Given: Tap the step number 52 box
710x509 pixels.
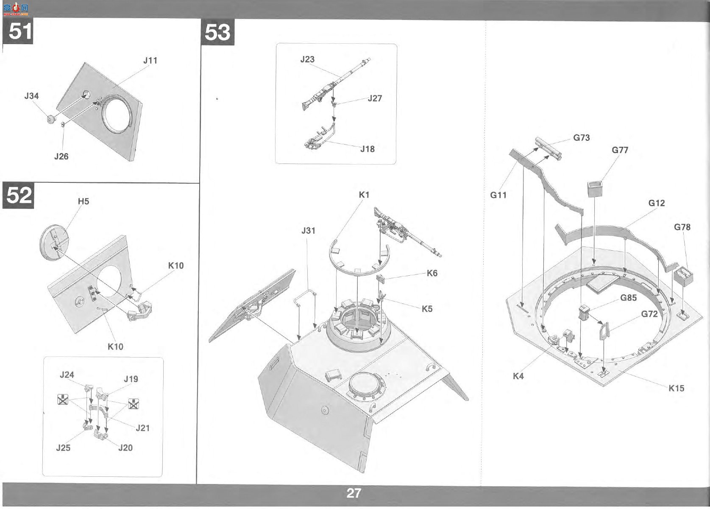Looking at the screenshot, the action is coord(18,196).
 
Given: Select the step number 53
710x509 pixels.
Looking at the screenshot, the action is coord(217,32).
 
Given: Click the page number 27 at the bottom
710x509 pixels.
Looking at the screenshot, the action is coord(354,493).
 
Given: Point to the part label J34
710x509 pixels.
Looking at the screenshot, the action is coord(31,96).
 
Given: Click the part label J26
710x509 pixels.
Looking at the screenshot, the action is coord(61,157).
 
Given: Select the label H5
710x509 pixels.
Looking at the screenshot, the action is coord(84,201).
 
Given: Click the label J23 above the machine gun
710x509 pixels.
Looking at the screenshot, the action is coord(307,59).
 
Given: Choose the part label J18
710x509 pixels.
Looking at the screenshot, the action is coord(368,149).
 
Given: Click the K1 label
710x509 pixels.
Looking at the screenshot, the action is coord(364,195).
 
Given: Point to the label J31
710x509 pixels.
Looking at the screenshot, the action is coord(309,231).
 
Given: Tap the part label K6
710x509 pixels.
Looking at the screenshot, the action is coord(432,273).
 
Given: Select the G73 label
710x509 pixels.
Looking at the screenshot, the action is coord(581,137).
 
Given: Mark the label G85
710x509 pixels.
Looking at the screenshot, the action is coord(628,298).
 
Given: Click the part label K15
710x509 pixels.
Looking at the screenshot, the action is coord(677,388).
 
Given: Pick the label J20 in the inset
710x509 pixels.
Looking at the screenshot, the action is coord(125,448).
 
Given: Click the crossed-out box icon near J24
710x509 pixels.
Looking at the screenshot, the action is coord(63,399).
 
